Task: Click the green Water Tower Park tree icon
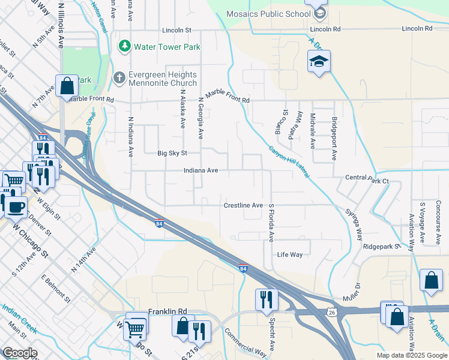125,46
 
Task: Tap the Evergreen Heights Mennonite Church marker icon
119,78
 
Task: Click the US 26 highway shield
331,312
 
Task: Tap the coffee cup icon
16,206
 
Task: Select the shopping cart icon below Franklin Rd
136,327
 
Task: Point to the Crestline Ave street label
243,205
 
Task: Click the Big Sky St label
172,154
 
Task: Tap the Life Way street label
289,254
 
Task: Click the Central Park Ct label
367,179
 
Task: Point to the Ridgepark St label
382,247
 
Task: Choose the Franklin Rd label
167,311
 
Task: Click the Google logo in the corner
19,353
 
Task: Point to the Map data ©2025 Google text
411,355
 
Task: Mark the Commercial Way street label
245,343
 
